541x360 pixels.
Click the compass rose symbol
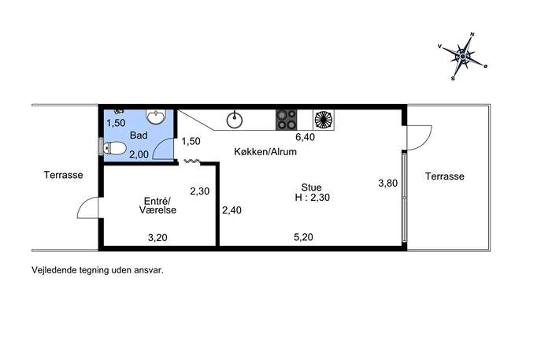pyautogui.click(x=462, y=56)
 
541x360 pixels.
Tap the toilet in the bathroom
pyautogui.click(x=114, y=148)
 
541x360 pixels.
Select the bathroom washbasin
pyautogui.click(x=156, y=117)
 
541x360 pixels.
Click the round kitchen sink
pyautogui.click(x=234, y=120)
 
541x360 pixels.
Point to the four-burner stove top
pyautogui.click(x=286, y=120)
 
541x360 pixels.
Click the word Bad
pyautogui.click(x=139, y=135)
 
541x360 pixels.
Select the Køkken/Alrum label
pyautogui.click(x=265, y=151)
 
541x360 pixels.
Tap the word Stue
pyautogui.click(x=311, y=187)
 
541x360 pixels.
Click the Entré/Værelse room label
pyautogui.click(x=158, y=206)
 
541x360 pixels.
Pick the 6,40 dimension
pyautogui.click(x=306, y=137)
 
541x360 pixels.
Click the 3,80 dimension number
pyautogui.click(x=388, y=183)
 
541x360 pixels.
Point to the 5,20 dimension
pyautogui.click(x=304, y=237)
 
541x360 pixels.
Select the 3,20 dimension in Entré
pyautogui.click(x=157, y=237)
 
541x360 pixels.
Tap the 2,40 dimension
pyautogui.click(x=232, y=210)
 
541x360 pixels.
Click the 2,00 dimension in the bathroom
pyautogui.click(x=139, y=154)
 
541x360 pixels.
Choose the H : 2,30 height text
pyautogui.click(x=313, y=198)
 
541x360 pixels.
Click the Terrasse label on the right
pyautogui.click(x=445, y=176)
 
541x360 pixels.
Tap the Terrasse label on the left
pyautogui.click(x=64, y=175)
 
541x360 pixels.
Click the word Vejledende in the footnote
pyautogui.click(x=54, y=270)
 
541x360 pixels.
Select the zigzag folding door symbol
pyautogui.click(x=192, y=161)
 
